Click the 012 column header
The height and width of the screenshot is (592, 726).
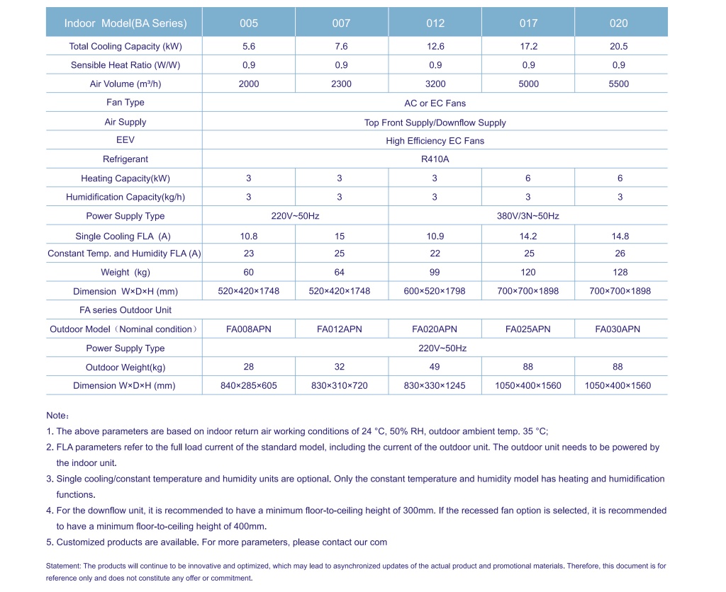435,23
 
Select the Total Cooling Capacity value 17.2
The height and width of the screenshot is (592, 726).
528,46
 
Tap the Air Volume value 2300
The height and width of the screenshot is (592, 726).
341,84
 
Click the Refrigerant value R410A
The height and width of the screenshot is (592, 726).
435,159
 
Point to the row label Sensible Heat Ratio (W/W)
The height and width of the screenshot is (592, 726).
125,65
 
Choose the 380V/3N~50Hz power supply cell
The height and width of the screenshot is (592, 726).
528,216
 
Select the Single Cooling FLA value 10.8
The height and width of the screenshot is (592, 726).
249,236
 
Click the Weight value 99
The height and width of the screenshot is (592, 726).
435,272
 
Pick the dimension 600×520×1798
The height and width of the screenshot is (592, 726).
435,291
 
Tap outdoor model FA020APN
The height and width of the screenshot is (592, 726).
435,329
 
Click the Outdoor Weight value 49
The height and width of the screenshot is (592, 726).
435,367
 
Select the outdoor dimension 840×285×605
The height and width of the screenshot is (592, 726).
249,386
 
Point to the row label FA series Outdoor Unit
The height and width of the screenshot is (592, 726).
125,310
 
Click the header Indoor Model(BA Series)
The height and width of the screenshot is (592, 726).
125,23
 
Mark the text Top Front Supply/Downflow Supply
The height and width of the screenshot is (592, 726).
435,123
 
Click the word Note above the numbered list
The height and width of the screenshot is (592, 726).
57,416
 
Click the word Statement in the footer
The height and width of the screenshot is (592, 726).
64,566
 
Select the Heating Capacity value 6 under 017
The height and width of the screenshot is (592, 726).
528,178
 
